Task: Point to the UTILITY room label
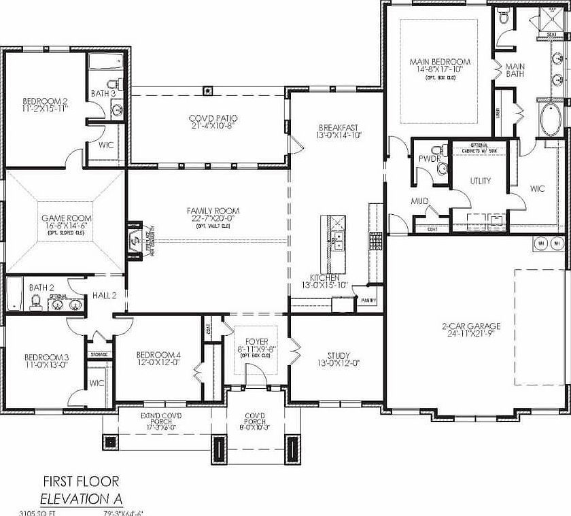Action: click(x=480, y=181)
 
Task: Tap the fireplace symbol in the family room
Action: click(x=133, y=239)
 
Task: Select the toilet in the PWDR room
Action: click(x=442, y=168)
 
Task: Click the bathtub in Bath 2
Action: click(x=14, y=294)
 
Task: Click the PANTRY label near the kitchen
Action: click(x=369, y=299)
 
